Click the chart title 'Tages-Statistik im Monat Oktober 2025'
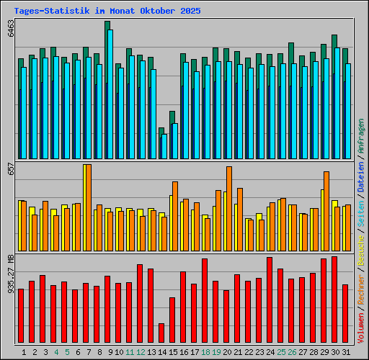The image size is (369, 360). (107, 12)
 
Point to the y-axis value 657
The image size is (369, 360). (10, 168)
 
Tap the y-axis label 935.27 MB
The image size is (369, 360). (10, 274)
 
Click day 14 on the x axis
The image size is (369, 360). (163, 352)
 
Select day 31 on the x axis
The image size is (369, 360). (346, 352)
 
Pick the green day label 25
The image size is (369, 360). (281, 352)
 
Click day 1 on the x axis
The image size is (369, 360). (25, 352)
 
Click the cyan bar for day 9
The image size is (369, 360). (110, 94)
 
